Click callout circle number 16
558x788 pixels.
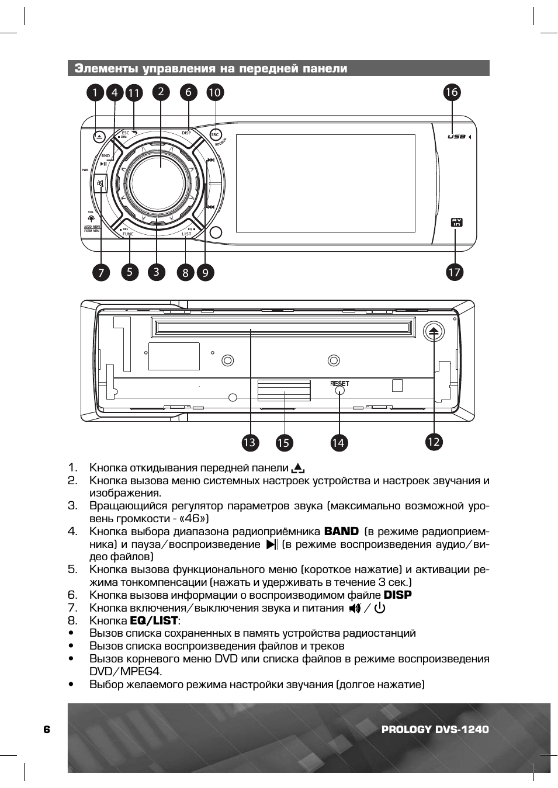click(x=451, y=92)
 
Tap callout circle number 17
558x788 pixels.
click(x=454, y=272)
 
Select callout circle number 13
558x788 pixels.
click(x=249, y=442)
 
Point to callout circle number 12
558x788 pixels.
click(x=433, y=442)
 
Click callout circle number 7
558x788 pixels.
click(x=101, y=272)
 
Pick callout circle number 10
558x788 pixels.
click(x=214, y=92)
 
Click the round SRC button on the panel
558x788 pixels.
click(x=215, y=135)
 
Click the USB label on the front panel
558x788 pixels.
click(x=456, y=137)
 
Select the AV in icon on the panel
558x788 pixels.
click(x=456, y=222)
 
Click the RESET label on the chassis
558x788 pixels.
click(x=339, y=384)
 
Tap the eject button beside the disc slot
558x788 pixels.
click(x=433, y=331)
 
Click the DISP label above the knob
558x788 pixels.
click(x=186, y=133)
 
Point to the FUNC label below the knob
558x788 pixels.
click(x=128, y=234)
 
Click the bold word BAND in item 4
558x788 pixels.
click(x=341, y=531)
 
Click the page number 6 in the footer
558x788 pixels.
click(x=47, y=729)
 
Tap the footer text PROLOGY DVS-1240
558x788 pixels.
click(x=435, y=729)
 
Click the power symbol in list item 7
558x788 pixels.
click(x=380, y=608)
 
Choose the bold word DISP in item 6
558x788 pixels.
click(x=397, y=595)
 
